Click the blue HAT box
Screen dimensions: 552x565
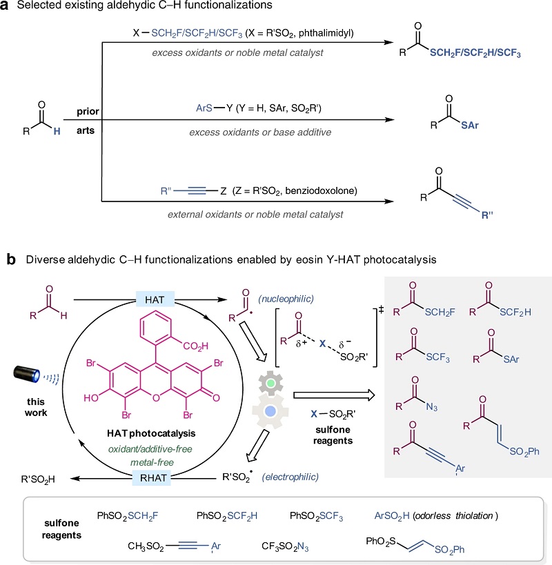(x=155, y=299)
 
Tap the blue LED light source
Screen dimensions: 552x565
(x=27, y=374)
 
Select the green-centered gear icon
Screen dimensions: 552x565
(x=270, y=383)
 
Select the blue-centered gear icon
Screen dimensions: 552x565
(x=270, y=411)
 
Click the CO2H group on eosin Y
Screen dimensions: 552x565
(x=196, y=346)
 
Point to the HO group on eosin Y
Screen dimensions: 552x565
(x=91, y=398)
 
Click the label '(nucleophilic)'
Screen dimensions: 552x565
(x=286, y=299)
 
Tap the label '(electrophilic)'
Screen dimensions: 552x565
(x=290, y=477)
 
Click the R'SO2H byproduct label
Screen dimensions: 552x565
(x=38, y=479)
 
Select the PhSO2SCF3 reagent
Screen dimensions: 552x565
(x=316, y=516)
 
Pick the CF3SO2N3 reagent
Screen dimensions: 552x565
(x=285, y=546)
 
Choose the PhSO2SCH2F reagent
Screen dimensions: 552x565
(x=128, y=516)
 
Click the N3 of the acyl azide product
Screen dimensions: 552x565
(x=431, y=407)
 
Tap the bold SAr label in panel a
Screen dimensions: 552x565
(x=470, y=126)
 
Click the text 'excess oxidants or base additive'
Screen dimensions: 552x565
(x=260, y=132)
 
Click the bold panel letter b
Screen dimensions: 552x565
(x=11, y=259)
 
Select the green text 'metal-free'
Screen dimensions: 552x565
(x=152, y=462)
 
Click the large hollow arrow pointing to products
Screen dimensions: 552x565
(x=334, y=395)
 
